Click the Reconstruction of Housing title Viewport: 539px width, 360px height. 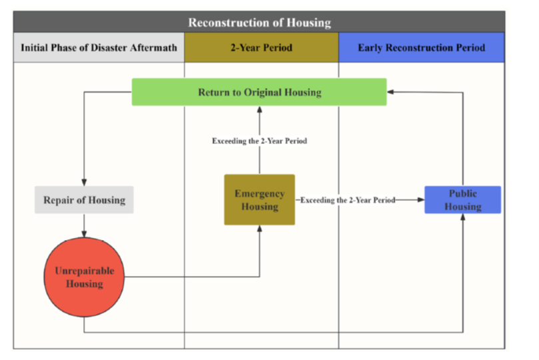coord(260,23)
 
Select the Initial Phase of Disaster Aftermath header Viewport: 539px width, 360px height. coord(99,47)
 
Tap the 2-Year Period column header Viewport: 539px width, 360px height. coord(261,47)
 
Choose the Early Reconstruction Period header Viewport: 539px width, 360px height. coord(422,47)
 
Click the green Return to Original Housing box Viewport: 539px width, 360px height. coord(259,92)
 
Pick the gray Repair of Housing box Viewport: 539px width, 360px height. coord(84,200)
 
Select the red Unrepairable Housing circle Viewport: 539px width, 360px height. coord(84,277)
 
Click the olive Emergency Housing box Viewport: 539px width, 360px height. coord(260,200)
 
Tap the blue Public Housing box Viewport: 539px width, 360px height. coord(462,200)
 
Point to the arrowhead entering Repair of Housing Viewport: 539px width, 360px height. coord(84,183)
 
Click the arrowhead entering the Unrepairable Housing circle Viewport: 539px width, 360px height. coord(84,234)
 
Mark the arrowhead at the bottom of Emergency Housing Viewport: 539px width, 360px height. coord(260,229)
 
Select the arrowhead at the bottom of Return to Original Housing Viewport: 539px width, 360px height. coord(260,110)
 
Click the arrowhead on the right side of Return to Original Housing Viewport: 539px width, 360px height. coord(390,92)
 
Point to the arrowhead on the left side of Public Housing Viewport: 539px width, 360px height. coord(421,200)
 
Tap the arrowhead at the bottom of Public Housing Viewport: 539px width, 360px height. coord(462,217)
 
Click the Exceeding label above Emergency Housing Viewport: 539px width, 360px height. coord(260,141)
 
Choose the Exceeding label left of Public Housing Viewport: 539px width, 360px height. coord(348,200)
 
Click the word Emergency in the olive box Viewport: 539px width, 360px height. coord(260,193)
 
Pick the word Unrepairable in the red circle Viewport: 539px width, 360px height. coord(85,271)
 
